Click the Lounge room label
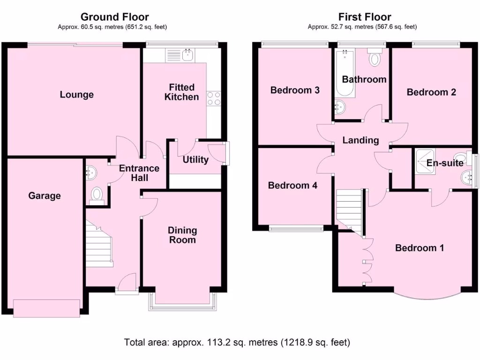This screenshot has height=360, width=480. (76, 95)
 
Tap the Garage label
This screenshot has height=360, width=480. (45, 195)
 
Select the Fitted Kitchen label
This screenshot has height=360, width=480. (181, 92)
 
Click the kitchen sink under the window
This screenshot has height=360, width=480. (187, 55)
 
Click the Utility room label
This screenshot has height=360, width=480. (195, 159)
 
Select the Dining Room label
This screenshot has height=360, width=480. (182, 235)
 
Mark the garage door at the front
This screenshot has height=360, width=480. (45, 307)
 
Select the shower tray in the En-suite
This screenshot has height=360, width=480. (424, 162)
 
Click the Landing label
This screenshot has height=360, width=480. (360, 140)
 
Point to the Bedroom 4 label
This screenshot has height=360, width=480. (292, 185)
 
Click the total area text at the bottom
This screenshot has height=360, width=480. (237, 342)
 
